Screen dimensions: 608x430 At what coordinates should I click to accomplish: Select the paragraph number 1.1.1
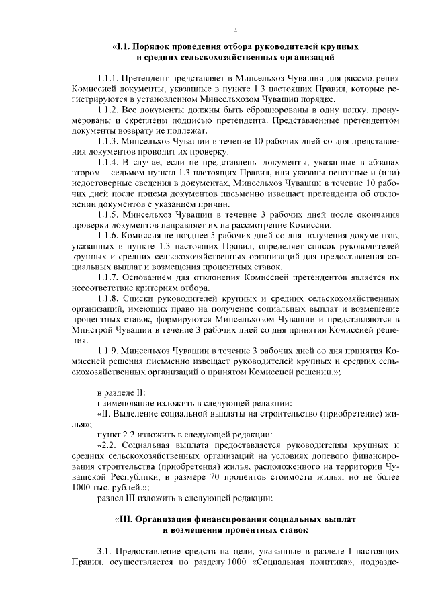tap(108, 79)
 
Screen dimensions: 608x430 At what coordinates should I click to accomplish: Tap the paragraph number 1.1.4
tap(108, 163)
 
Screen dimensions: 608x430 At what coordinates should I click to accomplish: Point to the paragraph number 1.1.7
tap(108, 276)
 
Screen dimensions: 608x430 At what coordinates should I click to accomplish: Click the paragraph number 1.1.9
tap(108, 351)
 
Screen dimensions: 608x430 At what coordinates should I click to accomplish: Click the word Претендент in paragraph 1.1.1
tap(148, 79)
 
